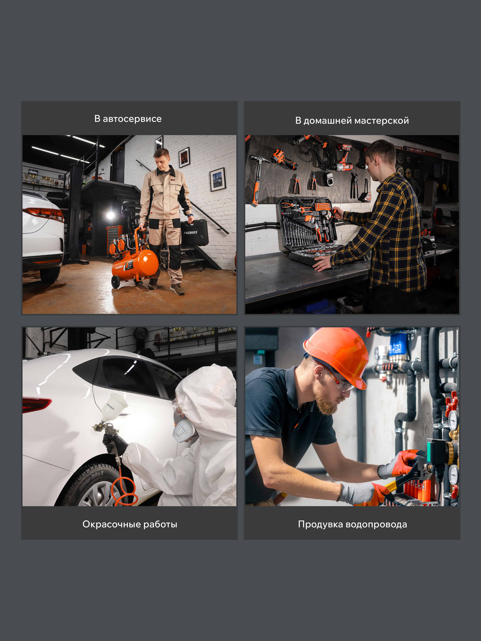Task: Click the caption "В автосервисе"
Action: pyautogui.click(x=128, y=119)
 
